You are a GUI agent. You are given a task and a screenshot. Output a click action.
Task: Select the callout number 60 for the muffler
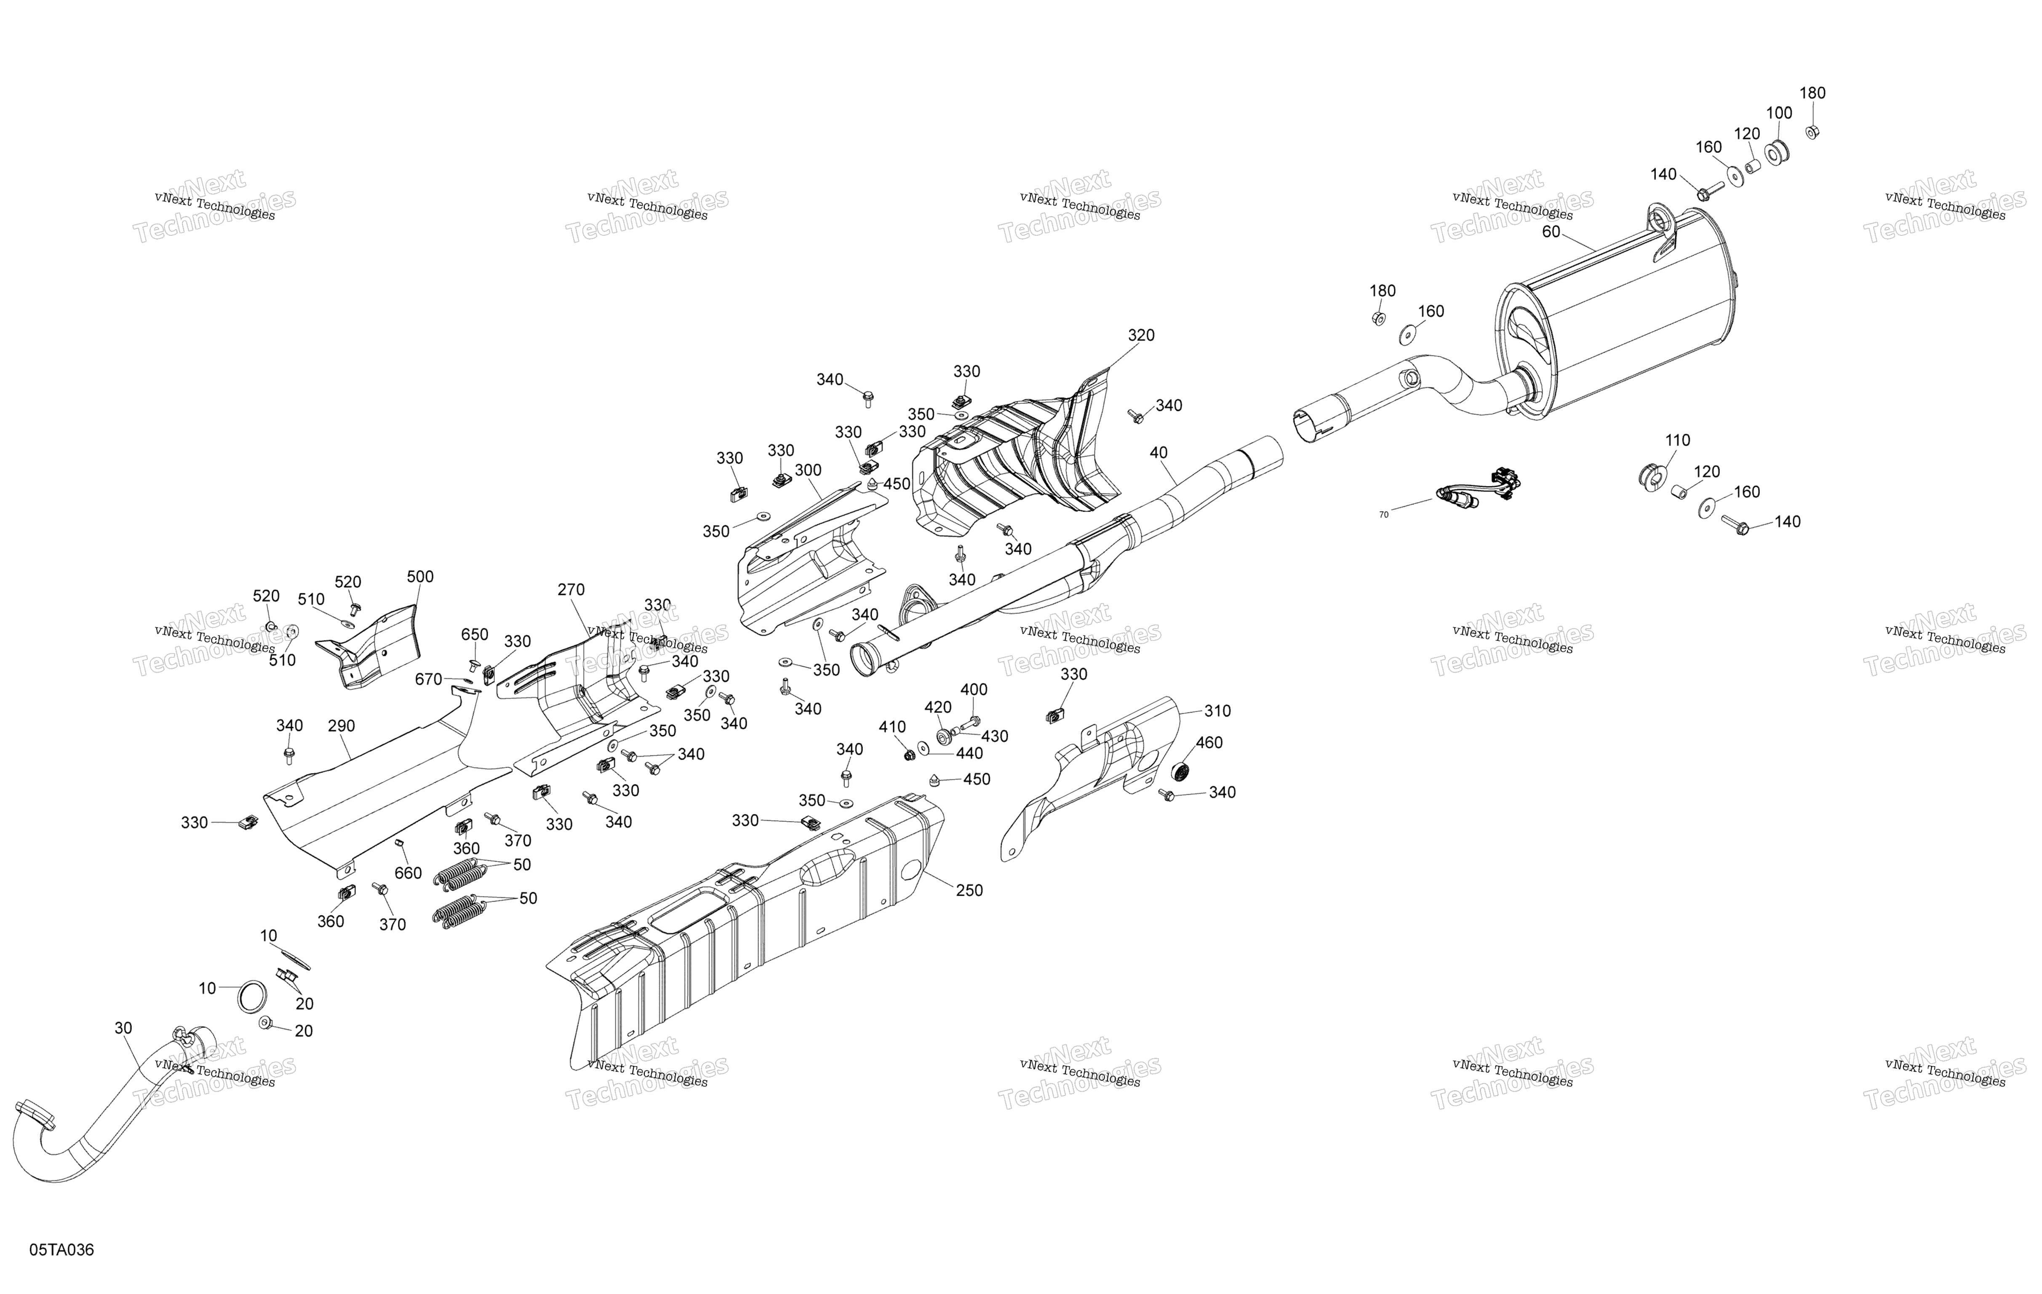(1551, 232)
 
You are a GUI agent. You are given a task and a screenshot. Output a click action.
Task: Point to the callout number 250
(969, 890)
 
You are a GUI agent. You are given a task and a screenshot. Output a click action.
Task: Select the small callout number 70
(1384, 515)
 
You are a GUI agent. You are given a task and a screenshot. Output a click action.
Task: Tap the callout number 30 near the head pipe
(123, 1028)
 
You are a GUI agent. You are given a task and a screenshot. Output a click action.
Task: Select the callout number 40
(1158, 453)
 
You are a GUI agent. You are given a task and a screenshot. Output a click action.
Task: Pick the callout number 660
(408, 873)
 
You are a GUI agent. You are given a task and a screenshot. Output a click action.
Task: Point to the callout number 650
(475, 634)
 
